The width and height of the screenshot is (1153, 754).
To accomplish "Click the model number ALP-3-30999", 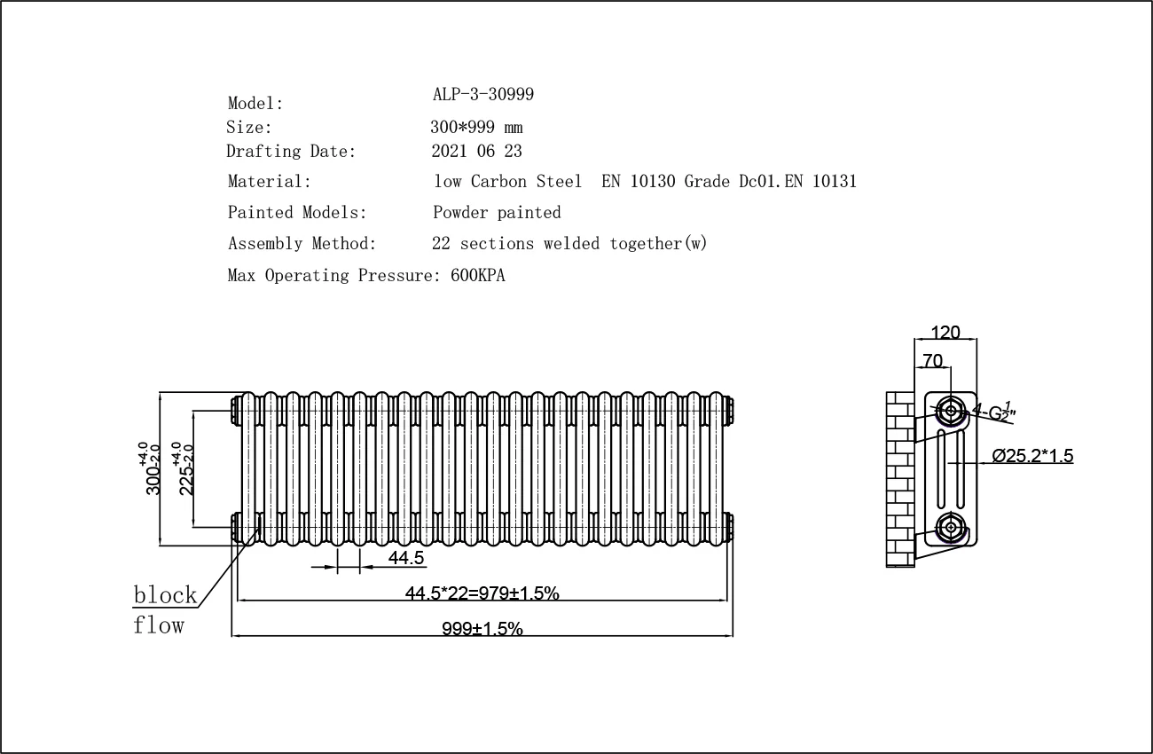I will coord(482,94).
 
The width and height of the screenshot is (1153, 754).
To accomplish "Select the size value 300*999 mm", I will coord(476,127).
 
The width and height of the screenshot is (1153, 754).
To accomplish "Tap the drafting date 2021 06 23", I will coord(476,152).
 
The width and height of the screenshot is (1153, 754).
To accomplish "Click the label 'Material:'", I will coord(270,182).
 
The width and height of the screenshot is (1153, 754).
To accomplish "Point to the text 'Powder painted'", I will coord(497,213).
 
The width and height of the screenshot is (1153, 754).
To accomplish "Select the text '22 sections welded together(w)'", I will coord(569,244).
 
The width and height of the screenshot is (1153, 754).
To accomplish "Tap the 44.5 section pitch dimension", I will coord(407,558).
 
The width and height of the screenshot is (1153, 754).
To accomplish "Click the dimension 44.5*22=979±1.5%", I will coord(482,593).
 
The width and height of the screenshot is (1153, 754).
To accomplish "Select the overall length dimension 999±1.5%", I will coord(482,629).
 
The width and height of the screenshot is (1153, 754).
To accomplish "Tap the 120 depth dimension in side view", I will coord(945,333).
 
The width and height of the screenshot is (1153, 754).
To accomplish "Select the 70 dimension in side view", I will coord(932,360).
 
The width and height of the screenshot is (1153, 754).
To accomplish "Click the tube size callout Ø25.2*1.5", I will coord(1032,456).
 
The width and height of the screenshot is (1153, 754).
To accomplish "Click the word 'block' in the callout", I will coord(164,594).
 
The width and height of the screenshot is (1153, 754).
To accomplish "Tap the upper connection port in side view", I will coord(951,410).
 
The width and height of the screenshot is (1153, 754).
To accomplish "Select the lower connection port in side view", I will coord(951,527).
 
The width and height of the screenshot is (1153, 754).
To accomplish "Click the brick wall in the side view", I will coord(900,479).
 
